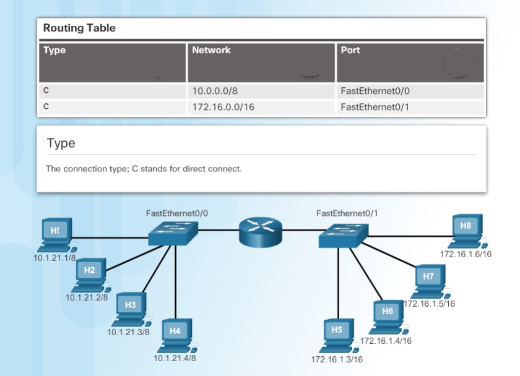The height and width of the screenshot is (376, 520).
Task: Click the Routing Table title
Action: [x=79, y=28]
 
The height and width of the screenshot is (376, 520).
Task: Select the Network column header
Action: [x=211, y=50]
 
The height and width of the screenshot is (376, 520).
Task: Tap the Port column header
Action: [x=350, y=50]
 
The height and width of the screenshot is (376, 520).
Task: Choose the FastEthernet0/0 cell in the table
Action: [x=375, y=91]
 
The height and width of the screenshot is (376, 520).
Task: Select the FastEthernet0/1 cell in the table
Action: [x=375, y=107]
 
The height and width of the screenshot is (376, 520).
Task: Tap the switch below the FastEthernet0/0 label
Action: [x=173, y=232]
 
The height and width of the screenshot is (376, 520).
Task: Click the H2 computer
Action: [x=90, y=275]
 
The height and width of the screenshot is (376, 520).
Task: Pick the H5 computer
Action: [x=337, y=335]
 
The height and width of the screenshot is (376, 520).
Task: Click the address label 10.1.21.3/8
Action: [x=128, y=332]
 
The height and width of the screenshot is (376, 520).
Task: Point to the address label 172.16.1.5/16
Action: [x=430, y=304]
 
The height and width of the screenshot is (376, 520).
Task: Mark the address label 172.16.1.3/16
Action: [x=337, y=359]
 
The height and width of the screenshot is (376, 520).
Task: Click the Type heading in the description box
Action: [x=61, y=143]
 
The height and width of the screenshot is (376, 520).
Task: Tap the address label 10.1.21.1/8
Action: [x=54, y=258]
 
